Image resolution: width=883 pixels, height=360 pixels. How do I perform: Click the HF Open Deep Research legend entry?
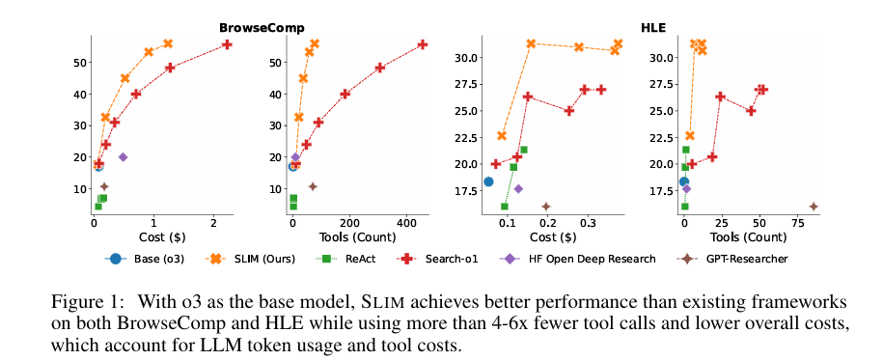point(580,259)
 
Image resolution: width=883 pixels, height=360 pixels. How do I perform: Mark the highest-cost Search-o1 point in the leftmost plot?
point(227,44)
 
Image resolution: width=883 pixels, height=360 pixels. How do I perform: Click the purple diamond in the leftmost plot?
point(123,156)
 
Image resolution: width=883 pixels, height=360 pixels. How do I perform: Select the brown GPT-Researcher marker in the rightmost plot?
point(814,207)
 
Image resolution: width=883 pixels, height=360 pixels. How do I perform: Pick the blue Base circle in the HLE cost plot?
point(488,181)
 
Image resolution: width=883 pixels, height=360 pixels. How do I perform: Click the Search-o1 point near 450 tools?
point(422,44)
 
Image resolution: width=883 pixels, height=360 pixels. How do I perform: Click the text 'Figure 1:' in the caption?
point(83,301)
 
